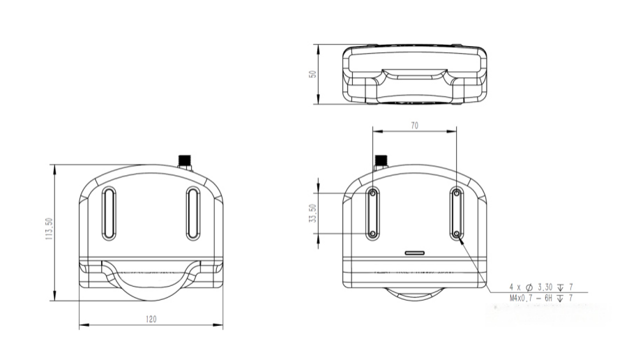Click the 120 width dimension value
(x=151, y=319)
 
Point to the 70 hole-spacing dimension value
(x=414, y=126)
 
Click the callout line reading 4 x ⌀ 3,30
(x=541, y=287)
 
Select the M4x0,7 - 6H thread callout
(x=541, y=298)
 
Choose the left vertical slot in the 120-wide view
(x=109, y=213)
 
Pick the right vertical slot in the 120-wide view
(x=193, y=213)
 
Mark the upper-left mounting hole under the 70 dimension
(x=373, y=193)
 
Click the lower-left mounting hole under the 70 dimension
(x=373, y=234)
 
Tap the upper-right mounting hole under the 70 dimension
(x=457, y=193)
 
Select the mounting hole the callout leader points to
(x=457, y=234)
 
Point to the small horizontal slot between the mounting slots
(x=416, y=252)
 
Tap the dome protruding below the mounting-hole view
(x=415, y=294)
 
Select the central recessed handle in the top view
(x=415, y=75)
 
